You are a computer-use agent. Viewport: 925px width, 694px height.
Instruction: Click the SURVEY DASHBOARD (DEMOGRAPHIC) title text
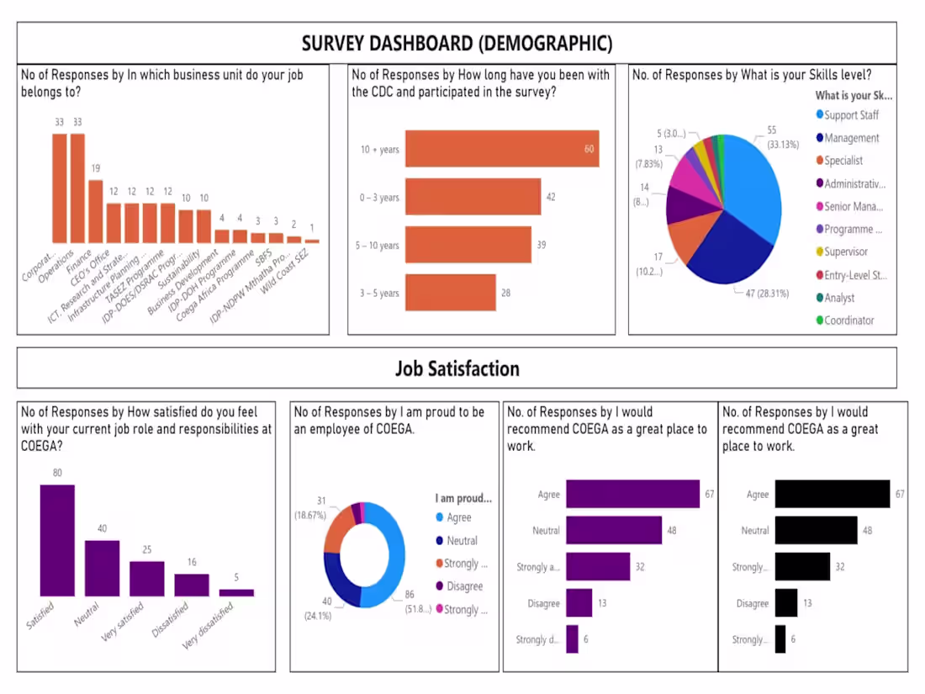tap(457, 43)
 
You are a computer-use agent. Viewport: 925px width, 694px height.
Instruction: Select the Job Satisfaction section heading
tap(457, 368)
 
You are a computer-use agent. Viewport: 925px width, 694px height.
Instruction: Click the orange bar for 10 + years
tap(501, 149)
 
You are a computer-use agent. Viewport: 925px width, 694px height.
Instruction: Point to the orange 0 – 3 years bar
tap(473, 197)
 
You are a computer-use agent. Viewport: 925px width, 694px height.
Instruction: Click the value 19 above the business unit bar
tap(95, 168)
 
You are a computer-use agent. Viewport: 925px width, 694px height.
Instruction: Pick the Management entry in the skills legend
tap(851, 138)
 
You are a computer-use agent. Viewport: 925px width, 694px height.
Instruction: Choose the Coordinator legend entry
tap(848, 320)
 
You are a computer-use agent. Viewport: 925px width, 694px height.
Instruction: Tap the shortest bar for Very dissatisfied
tap(236, 592)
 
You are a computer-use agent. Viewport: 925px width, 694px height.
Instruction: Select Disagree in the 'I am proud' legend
tap(464, 586)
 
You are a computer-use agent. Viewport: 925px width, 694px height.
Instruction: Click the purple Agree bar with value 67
tap(632, 494)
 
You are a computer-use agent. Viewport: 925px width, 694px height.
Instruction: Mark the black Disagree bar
tap(785, 603)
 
